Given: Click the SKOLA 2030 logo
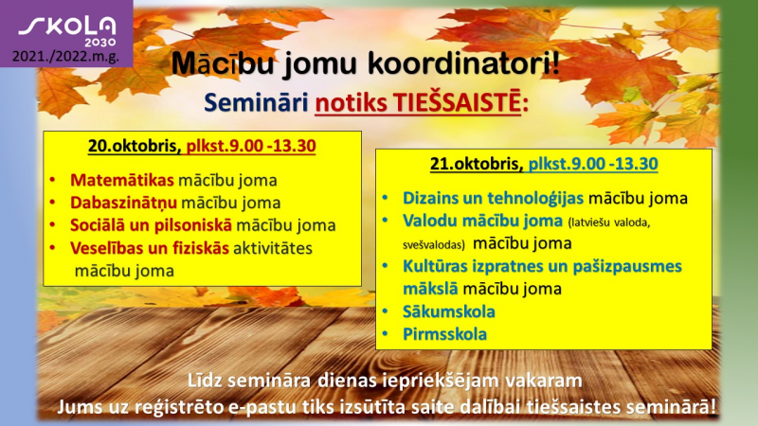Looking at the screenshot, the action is click(67, 31).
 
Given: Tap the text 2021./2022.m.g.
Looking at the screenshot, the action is click(65, 57).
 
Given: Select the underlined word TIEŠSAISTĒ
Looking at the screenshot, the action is click(457, 102).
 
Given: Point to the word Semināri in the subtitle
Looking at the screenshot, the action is click(256, 102).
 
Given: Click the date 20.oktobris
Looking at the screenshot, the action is click(135, 146).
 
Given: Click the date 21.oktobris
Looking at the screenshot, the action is click(477, 164).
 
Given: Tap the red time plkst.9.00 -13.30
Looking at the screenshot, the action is click(251, 146).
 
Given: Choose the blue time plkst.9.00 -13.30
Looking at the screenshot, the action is click(593, 164).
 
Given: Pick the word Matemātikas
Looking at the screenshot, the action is click(122, 180).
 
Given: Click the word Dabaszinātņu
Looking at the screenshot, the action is click(123, 203).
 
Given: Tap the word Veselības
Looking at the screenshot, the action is click(107, 248).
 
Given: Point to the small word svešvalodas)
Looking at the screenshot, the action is click(434, 244).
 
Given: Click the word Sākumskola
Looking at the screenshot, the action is click(448, 311).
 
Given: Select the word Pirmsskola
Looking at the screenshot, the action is click(444, 334).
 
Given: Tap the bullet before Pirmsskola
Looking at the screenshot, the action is click(386, 334).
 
